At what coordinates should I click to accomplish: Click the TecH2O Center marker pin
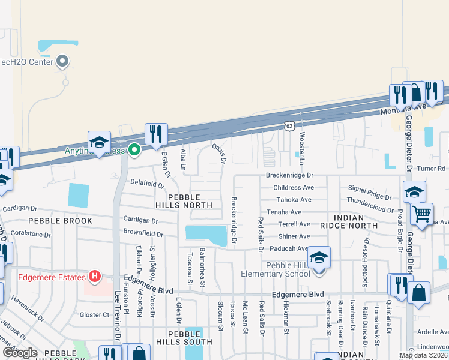click(x=62, y=61)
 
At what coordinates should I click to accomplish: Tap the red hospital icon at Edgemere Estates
click(x=94, y=277)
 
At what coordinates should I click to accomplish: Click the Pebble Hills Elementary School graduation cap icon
click(x=319, y=257)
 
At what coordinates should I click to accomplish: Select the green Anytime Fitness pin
click(x=135, y=150)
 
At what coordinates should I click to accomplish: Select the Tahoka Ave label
click(x=294, y=200)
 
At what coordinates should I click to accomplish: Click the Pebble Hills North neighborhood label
click(x=190, y=201)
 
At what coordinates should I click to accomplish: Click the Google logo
click(x=20, y=352)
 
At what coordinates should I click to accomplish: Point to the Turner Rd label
click(x=432, y=169)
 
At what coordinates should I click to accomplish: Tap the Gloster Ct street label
click(x=95, y=314)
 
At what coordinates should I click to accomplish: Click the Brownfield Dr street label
click(x=143, y=232)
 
